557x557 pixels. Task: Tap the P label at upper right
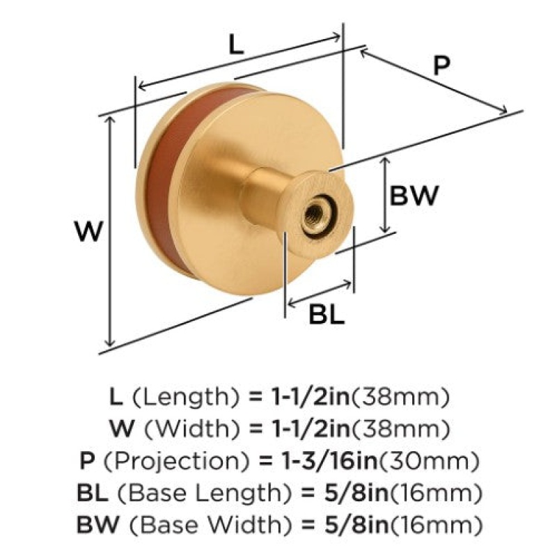pos(441,66)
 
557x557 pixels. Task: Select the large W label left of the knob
pos(89,231)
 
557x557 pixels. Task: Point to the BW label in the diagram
pos(414,196)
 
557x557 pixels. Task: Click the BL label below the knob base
pos(327,314)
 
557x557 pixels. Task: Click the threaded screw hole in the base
pos(314,215)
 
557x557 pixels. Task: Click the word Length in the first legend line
pos(185,398)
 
